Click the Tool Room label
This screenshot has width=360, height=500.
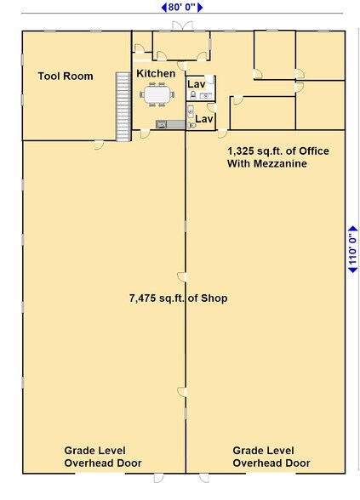click(x=65, y=76)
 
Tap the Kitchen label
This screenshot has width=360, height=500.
click(x=156, y=74)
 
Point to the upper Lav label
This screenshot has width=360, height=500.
click(x=197, y=85)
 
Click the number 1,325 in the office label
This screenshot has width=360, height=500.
click(x=243, y=151)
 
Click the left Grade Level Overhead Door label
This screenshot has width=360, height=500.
click(x=103, y=457)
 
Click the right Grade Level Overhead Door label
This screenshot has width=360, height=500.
click(x=271, y=457)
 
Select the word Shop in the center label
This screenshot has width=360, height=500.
click(x=214, y=298)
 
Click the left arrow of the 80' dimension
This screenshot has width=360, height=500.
click(x=163, y=7)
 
